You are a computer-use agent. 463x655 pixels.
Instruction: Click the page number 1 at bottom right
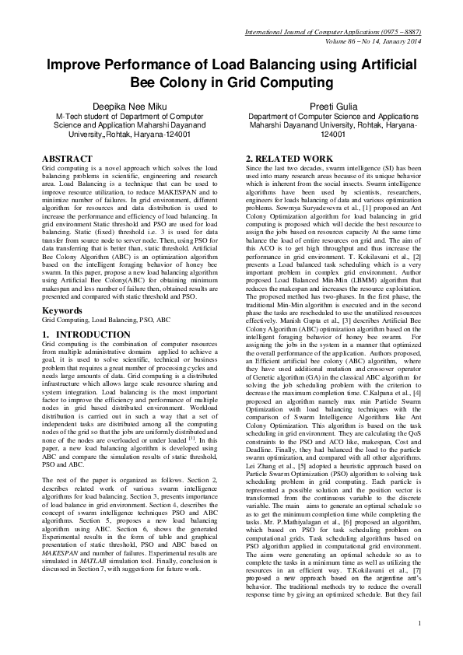(419, 622)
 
